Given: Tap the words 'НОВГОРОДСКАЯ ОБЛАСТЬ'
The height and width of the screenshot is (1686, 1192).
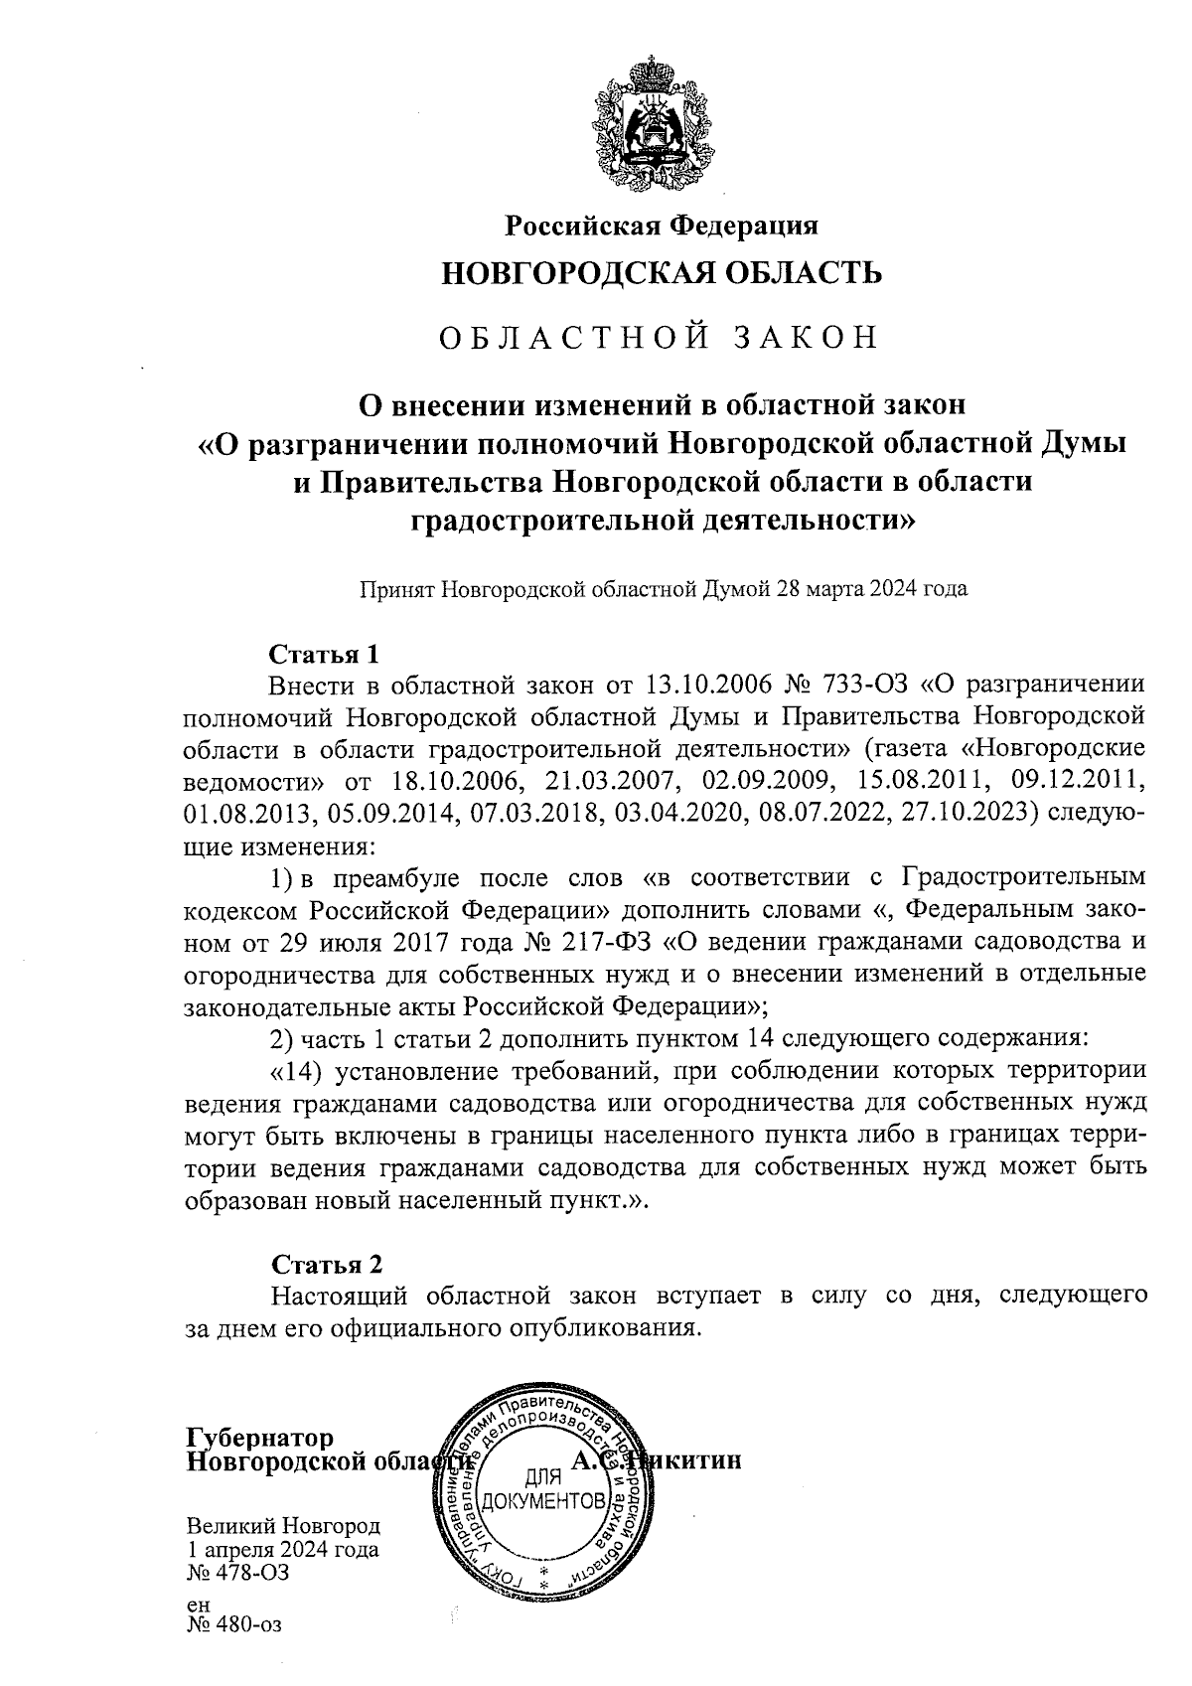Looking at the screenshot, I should pos(662,272).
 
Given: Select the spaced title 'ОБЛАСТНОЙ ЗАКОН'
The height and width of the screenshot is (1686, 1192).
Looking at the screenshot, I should pos(662,338).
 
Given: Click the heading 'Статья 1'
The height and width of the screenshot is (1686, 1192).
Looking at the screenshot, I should pos(325,655).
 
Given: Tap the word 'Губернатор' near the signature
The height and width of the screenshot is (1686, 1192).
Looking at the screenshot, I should pos(260,1439).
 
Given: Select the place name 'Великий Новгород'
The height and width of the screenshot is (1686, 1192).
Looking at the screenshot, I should pos(283,1527).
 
